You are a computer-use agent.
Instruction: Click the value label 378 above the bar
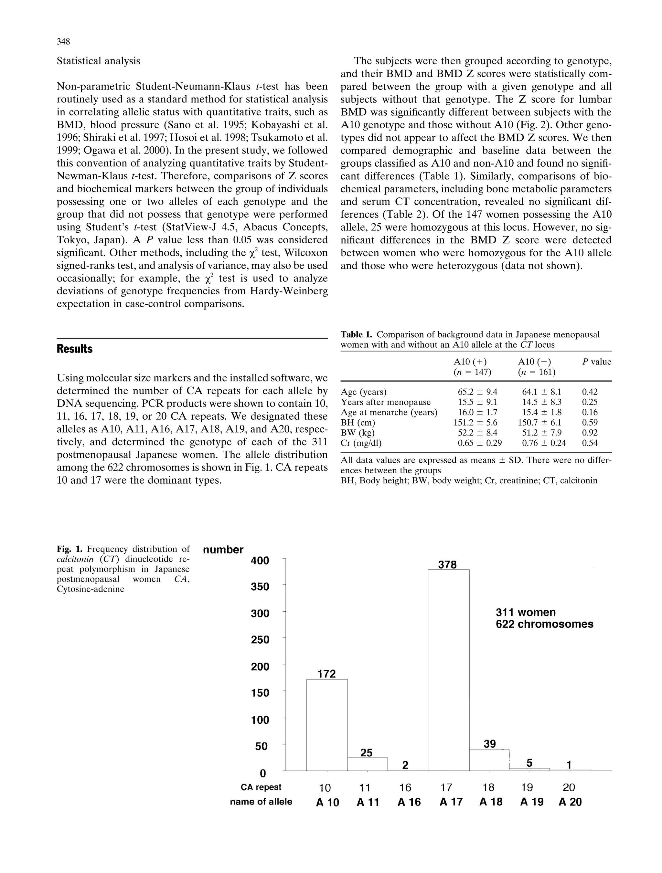[448, 565]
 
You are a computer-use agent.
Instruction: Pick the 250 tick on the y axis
[260, 639]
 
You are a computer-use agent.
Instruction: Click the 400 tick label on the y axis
[260, 561]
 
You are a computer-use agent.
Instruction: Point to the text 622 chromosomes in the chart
[544, 624]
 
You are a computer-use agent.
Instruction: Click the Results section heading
[75, 349]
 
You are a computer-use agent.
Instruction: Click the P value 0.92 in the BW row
[590, 433]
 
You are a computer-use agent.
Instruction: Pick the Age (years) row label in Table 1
[364, 392]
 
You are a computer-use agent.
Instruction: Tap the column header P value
[596, 362]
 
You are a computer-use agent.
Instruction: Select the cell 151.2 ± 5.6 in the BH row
[475, 422]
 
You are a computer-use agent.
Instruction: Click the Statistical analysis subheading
[98, 61]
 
